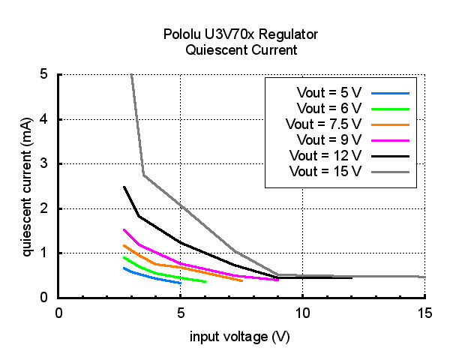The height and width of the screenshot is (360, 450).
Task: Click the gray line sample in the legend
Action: [x=388, y=171]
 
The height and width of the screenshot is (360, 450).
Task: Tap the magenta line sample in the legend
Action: [x=388, y=139]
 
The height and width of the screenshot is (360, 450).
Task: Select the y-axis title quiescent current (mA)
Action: [x=26, y=186]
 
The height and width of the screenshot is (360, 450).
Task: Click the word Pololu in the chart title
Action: [x=182, y=34]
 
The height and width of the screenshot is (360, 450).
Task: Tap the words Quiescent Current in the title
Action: [x=241, y=50]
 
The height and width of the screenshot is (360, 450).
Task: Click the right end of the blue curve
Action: [x=180, y=283]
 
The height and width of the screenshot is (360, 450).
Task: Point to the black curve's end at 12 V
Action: [x=351, y=277]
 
